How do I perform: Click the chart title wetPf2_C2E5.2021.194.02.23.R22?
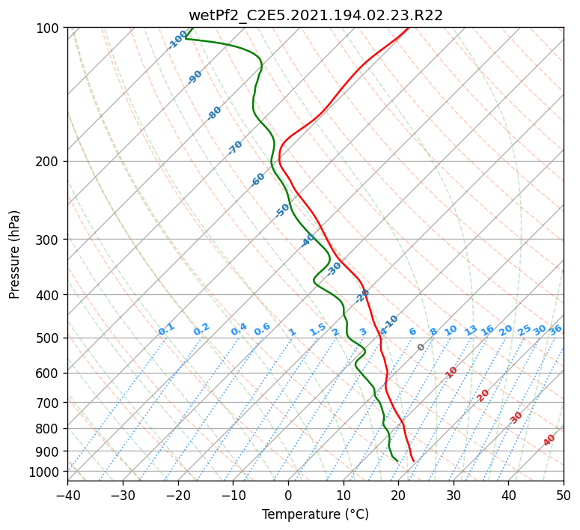[x=316, y=15]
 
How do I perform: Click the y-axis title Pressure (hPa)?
[x=14, y=255]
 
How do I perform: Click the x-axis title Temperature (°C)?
[x=316, y=514]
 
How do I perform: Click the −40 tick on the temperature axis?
[x=67, y=495]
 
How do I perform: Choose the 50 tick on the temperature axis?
[x=564, y=495]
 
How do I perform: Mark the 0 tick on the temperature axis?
[x=288, y=495]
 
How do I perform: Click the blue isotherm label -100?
[x=177, y=40]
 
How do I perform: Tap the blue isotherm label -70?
[x=235, y=147]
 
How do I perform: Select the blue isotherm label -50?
[x=282, y=210]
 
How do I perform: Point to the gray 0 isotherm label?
[x=421, y=347]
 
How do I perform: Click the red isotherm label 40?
[x=549, y=440]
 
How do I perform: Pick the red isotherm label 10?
[x=451, y=372]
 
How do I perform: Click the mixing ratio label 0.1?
[x=166, y=329]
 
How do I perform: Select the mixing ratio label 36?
[x=555, y=330]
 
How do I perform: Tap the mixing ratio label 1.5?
[x=318, y=329]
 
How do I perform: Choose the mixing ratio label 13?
[x=471, y=330]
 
